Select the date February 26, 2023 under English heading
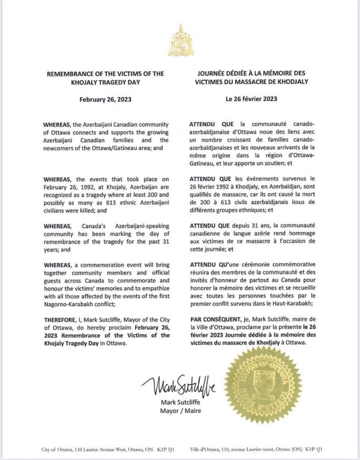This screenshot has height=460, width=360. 105,99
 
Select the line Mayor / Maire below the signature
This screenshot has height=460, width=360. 180,411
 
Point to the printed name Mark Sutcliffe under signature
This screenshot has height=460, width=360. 180,402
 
